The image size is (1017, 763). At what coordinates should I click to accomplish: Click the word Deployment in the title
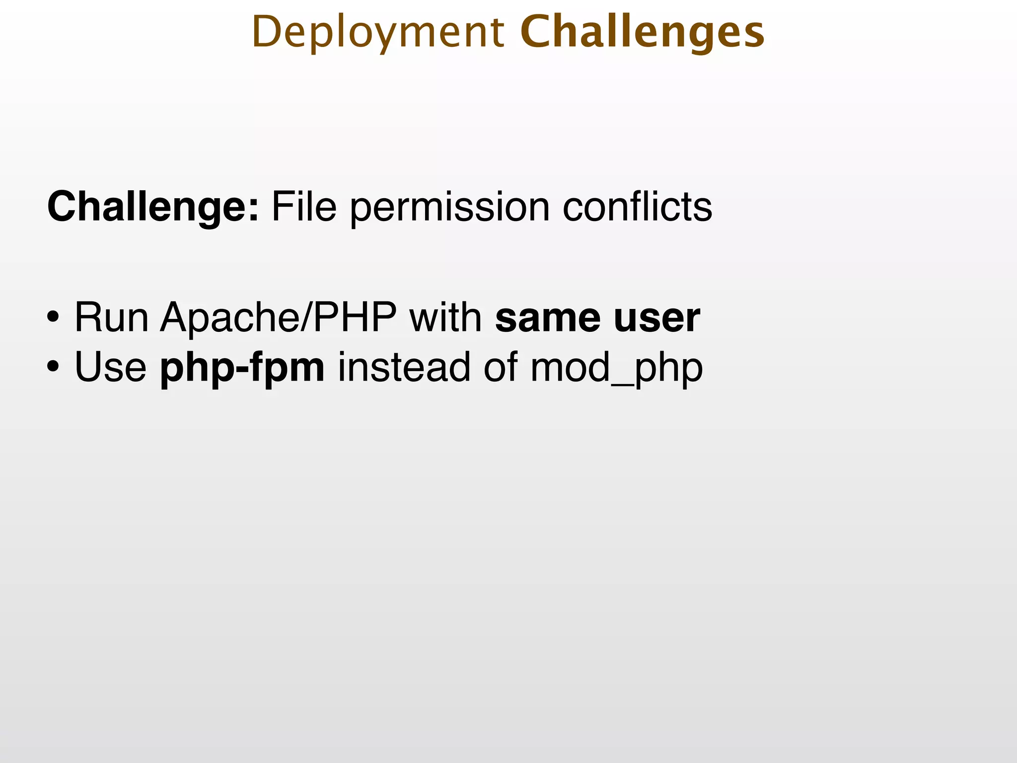click(x=377, y=33)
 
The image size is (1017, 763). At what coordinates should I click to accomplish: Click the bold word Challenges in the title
click(x=642, y=33)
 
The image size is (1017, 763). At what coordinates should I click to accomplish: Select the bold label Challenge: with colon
click(x=153, y=207)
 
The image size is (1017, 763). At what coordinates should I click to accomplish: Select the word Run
click(x=111, y=317)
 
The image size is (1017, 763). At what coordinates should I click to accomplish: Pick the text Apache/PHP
click(x=278, y=317)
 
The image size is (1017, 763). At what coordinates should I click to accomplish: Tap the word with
click(x=445, y=317)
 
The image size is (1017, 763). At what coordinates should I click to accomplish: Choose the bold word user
click(x=656, y=318)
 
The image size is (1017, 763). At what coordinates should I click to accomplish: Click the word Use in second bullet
click(x=110, y=367)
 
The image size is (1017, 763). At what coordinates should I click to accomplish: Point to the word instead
click(x=404, y=367)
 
